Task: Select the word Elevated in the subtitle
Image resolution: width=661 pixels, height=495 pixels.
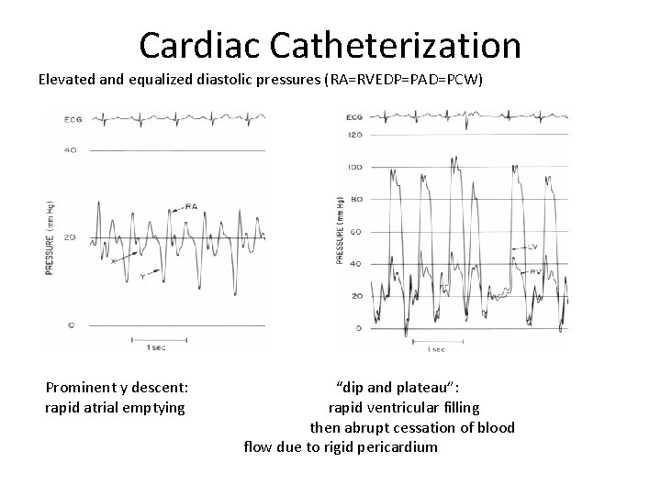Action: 68,80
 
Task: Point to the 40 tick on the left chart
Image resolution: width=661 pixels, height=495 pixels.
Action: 70,149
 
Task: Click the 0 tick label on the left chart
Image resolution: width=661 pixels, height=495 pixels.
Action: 70,324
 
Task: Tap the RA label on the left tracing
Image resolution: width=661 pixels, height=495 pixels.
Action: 191,206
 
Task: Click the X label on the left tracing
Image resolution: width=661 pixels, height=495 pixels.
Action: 113,260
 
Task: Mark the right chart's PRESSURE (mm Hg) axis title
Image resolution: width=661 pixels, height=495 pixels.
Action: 340,230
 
